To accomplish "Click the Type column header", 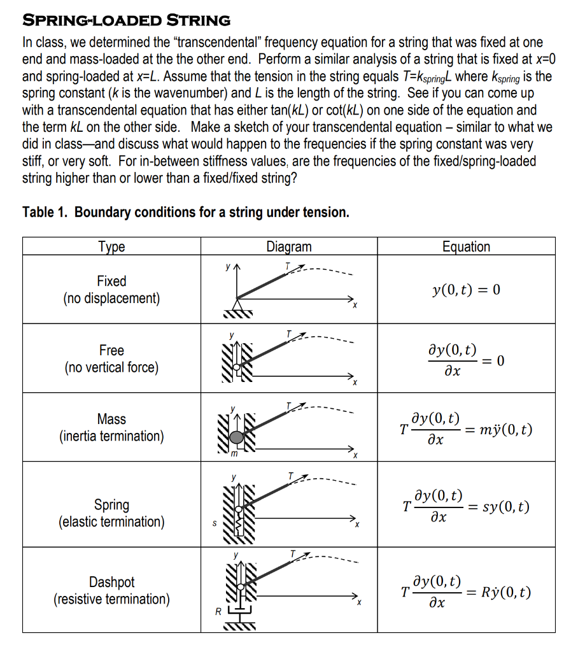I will tap(111, 246).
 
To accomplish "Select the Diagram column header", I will tap(289, 246).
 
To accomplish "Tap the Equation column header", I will tap(466, 246).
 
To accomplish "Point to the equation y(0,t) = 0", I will tap(466, 290).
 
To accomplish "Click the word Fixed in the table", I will tap(111, 281).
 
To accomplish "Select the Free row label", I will tap(111, 350).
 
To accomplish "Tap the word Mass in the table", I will tap(111, 419).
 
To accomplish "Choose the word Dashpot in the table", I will tap(111, 582).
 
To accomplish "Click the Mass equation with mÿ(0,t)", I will tap(466, 430).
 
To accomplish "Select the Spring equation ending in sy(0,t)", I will tap(466, 507).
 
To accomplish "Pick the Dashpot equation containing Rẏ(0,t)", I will tap(466, 592).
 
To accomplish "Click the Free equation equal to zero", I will tap(466, 360).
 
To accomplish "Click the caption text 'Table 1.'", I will tap(46, 212).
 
